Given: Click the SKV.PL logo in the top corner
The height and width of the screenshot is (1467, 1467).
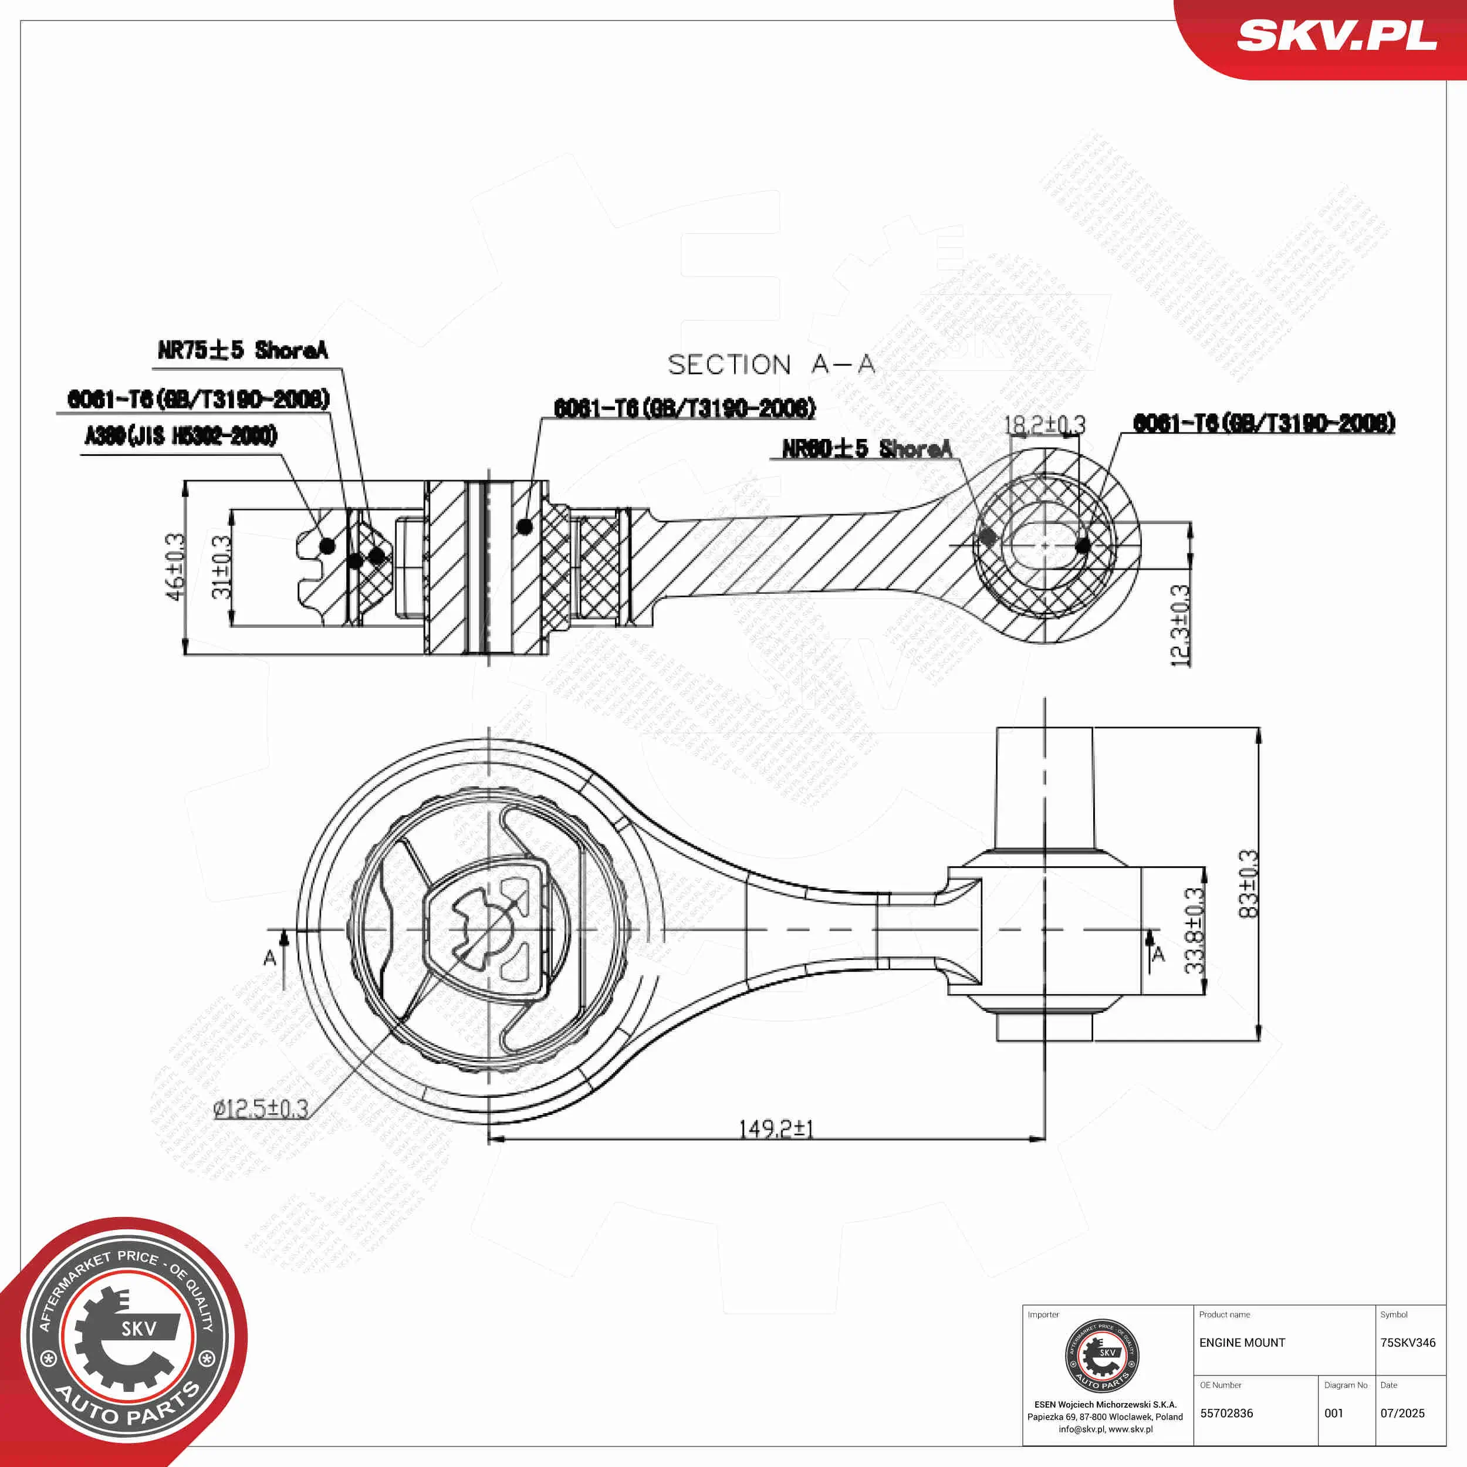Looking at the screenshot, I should (x=1336, y=36).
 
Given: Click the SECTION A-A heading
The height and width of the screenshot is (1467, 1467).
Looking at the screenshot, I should (x=770, y=365).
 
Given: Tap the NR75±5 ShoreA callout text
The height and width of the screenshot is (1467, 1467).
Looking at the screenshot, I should (x=242, y=350).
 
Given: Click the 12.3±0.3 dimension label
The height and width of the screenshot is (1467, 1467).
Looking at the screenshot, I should (x=1180, y=626).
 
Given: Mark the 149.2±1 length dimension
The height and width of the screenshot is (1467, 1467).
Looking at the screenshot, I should (x=776, y=1129).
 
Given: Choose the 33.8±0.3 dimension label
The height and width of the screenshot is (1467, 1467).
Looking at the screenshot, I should (x=1194, y=931).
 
